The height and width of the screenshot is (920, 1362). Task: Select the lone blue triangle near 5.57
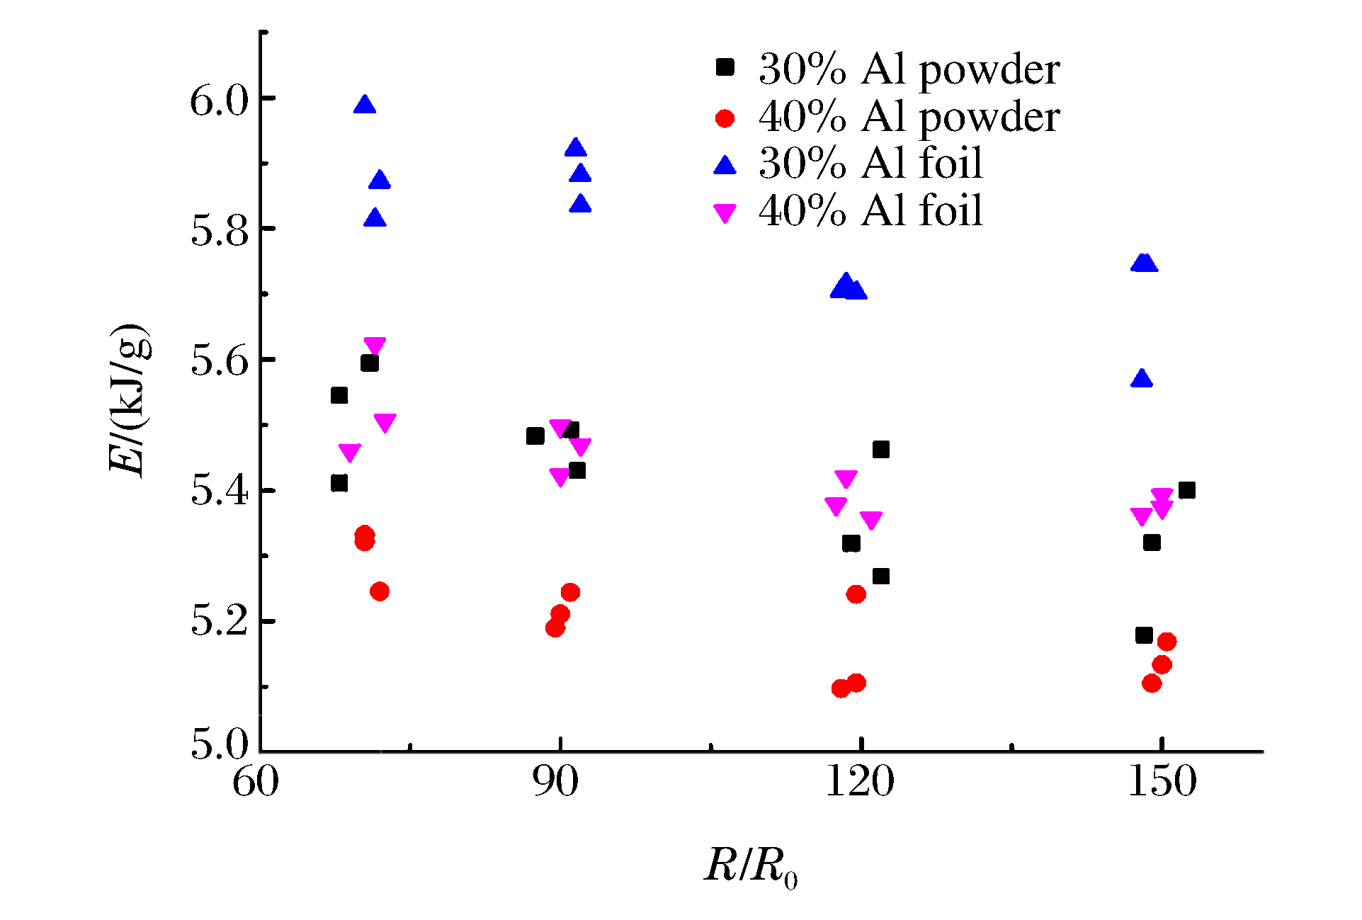1142,379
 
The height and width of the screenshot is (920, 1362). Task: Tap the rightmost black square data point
1187,490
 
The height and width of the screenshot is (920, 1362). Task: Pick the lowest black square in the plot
1144,635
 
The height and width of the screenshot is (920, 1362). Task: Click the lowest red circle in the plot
841,688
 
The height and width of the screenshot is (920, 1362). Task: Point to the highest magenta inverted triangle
375,346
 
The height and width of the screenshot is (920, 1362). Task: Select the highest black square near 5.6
370,363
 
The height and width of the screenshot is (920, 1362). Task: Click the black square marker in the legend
725,67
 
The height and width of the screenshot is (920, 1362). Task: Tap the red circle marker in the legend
725,118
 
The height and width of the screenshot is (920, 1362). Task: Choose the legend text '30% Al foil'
870,164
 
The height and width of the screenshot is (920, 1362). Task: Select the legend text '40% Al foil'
870,211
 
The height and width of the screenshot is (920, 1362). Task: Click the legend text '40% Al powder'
909,117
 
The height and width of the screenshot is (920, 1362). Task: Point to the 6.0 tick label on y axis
220,101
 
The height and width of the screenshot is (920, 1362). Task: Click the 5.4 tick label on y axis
220,491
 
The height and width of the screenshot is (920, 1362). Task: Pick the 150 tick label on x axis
1162,783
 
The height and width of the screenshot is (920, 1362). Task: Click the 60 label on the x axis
256,783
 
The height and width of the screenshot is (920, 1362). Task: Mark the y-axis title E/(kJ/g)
130,400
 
